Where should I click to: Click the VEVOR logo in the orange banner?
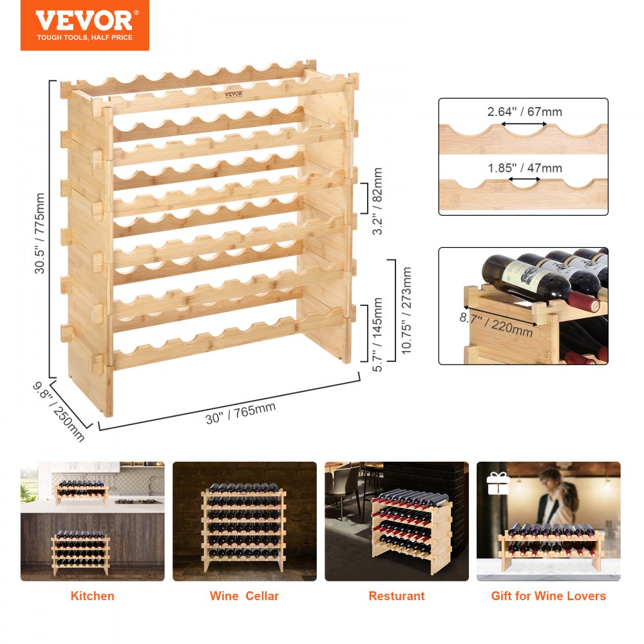click(84, 20)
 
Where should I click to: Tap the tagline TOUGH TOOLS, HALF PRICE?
click(84, 38)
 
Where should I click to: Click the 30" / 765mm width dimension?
click(241, 413)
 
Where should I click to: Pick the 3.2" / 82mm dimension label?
click(377, 201)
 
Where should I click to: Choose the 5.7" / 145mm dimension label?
click(378, 334)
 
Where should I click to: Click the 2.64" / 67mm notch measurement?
click(524, 111)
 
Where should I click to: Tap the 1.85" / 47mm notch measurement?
click(524, 168)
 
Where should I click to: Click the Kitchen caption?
click(92, 596)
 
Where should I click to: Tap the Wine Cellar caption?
click(244, 596)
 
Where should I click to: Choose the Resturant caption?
click(396, 596)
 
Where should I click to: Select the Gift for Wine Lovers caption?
click(548, 596)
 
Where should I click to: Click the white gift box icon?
click(497, 483)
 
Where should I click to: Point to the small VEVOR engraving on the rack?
click(234, 93)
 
